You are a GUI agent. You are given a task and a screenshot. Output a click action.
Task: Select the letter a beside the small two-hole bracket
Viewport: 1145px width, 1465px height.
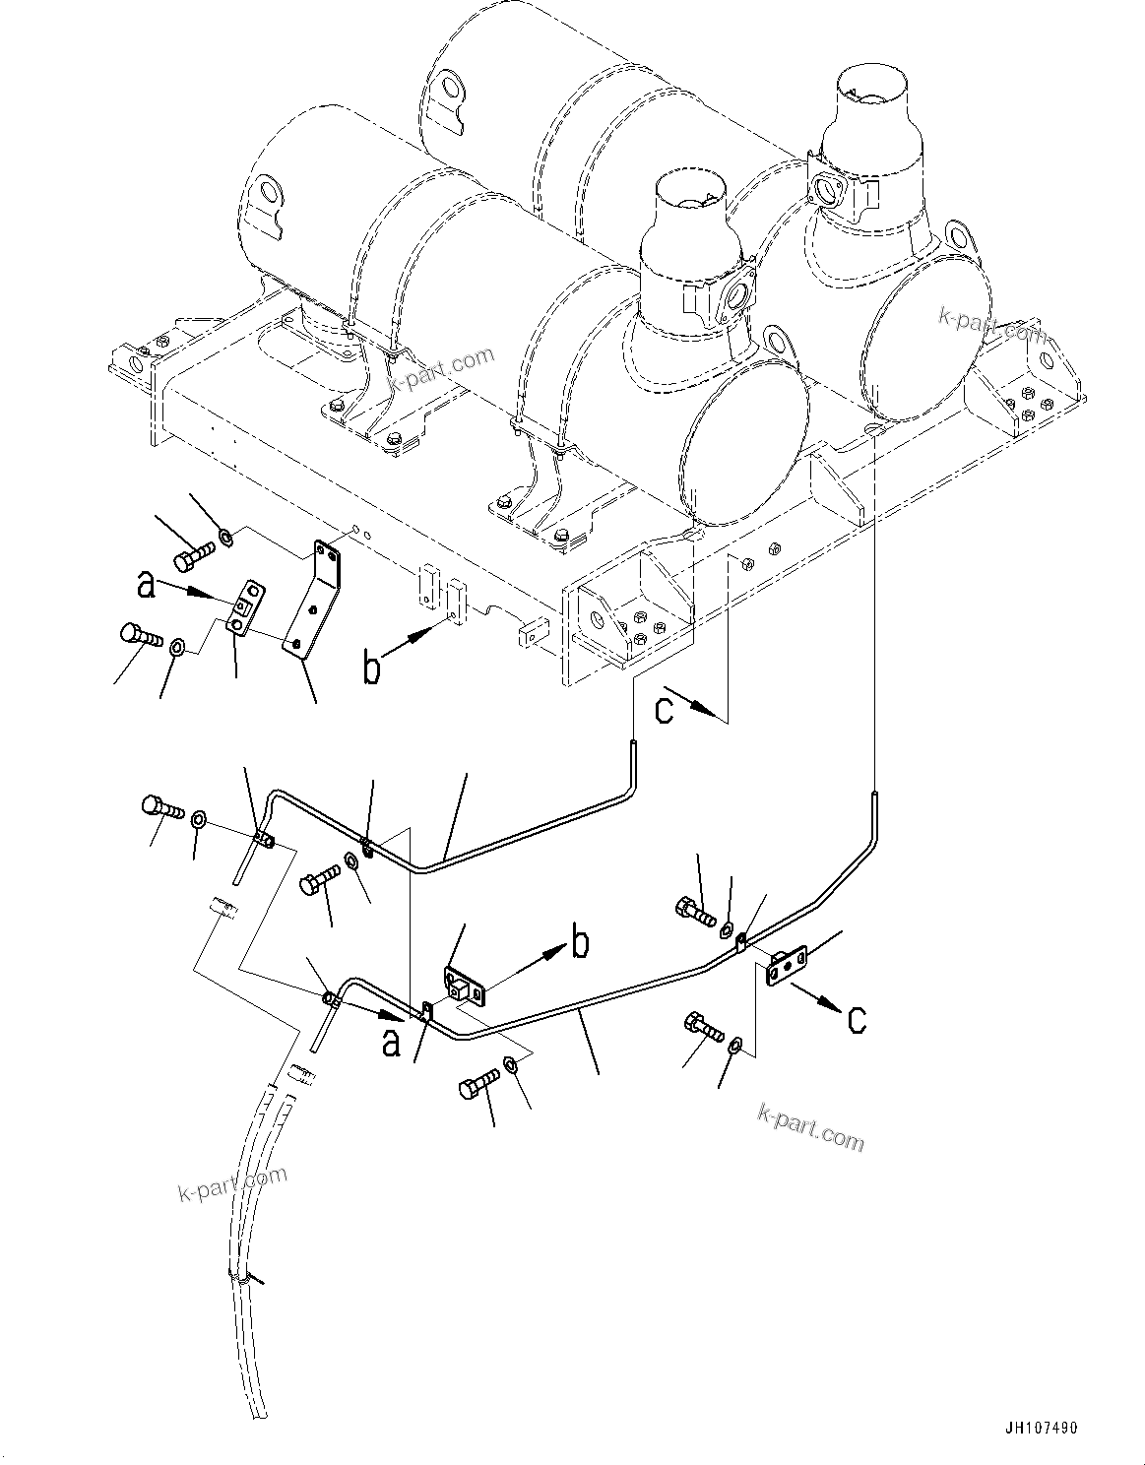[147, 587]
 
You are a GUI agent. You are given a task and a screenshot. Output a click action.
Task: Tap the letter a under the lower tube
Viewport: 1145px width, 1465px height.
[391, 1042]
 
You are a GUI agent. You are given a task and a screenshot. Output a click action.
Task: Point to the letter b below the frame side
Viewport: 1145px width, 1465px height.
[371, 669]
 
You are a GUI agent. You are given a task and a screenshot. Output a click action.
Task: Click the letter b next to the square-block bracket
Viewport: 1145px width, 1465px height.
[581, 942]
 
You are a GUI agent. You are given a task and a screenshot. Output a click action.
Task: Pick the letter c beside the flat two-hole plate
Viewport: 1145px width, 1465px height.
[857, 1020]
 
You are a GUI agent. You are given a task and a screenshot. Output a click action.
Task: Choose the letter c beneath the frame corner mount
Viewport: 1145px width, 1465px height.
[665, 710]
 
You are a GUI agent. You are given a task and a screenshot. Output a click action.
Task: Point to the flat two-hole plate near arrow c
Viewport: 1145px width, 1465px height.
[787, 963]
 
